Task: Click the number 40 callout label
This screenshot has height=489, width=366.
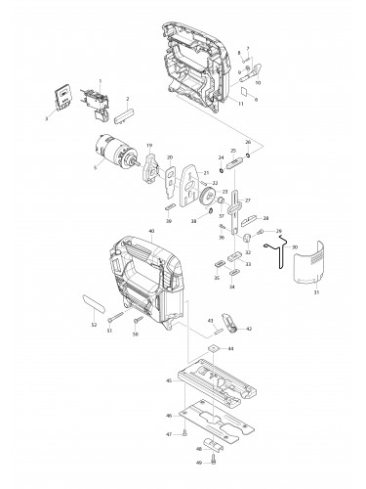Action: tap(150, 232)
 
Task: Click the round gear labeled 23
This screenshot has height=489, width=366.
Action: tap(207, 204)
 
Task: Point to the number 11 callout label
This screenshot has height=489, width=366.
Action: tap(241, 102)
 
